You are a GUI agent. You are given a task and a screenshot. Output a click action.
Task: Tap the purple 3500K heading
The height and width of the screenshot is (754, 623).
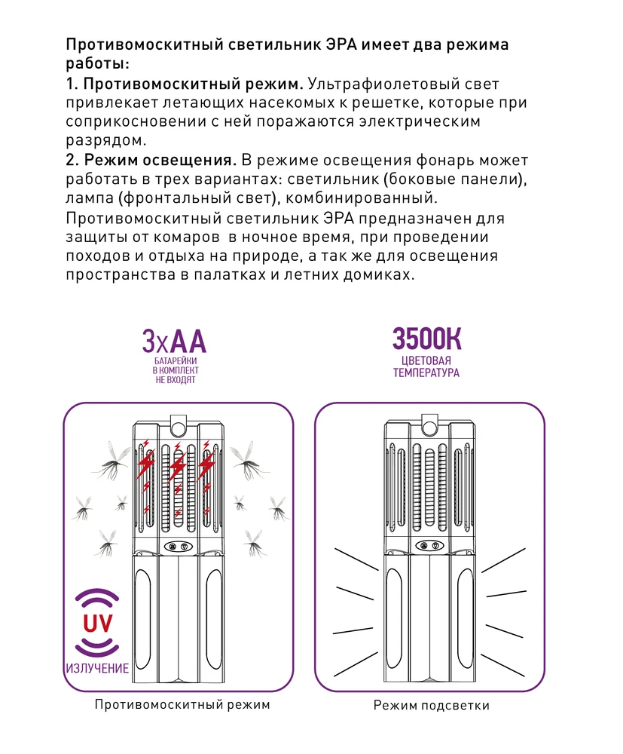point(426,339)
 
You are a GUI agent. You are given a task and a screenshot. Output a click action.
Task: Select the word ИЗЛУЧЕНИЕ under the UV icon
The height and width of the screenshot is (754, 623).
point(97,668)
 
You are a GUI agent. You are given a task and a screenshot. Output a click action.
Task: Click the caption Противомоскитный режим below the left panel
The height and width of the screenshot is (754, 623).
point(182,705)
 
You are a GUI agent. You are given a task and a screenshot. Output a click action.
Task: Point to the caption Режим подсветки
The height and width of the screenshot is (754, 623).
point(432,706)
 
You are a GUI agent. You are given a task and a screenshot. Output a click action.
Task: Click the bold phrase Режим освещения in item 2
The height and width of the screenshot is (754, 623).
point(160,161)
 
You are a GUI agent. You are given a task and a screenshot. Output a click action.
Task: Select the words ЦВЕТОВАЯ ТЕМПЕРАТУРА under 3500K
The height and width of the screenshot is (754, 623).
point(426,366)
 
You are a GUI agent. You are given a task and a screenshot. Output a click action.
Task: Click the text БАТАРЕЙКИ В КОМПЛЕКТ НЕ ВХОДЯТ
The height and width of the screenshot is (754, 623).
point(175,372)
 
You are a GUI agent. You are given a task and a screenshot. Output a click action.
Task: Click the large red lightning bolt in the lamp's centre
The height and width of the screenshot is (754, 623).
point(177,470)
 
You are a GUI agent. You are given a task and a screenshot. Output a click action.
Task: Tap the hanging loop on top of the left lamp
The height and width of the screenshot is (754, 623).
point(179,426)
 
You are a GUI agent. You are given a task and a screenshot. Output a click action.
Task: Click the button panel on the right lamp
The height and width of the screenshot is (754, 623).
point(429,547)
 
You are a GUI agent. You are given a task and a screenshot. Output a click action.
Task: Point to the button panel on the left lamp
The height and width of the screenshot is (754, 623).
point(178,547)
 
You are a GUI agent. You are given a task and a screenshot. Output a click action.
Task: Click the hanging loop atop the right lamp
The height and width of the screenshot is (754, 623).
point(430,426)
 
